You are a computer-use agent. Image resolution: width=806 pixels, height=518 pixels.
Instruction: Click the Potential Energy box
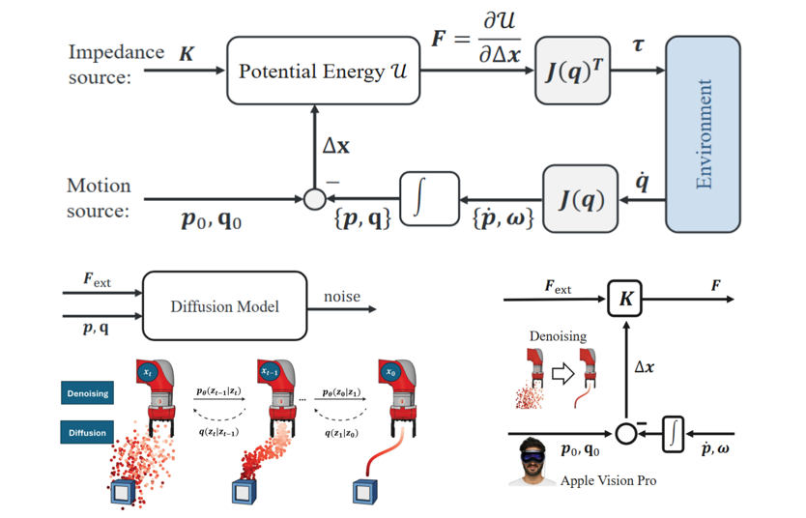[x=324, y=71]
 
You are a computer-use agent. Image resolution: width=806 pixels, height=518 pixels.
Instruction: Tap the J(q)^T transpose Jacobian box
[x=573, y=71]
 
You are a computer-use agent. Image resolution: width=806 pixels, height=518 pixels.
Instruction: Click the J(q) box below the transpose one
[x=581, y=200]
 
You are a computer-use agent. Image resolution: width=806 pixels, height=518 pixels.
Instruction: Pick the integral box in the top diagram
[x=429, y=200]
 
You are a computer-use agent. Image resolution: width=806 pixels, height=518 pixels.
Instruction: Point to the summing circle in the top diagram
[x=314, y=200]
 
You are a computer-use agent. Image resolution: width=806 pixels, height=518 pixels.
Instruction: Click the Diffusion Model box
[x=224, y=306]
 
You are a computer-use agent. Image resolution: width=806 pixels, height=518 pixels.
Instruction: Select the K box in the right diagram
[x=626, y=300]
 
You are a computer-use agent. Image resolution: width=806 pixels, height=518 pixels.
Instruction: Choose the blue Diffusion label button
[x=89, y=432]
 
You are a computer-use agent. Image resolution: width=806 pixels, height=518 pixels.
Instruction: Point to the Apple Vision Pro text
[x=608, y=479]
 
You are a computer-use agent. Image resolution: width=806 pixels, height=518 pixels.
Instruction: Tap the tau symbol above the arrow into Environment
[x=638, y=45]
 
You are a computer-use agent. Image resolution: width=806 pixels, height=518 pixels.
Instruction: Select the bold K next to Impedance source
[x=187, y=55]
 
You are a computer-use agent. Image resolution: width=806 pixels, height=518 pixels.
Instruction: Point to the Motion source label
[x=99, y=197]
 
